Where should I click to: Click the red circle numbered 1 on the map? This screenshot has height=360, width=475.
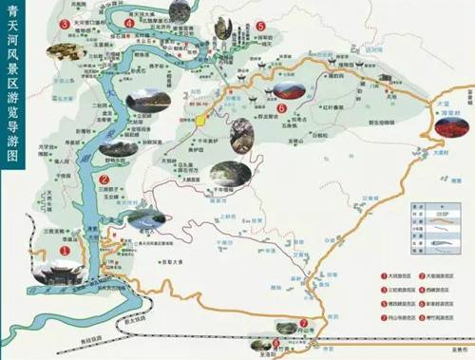[x=65, y=249]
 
